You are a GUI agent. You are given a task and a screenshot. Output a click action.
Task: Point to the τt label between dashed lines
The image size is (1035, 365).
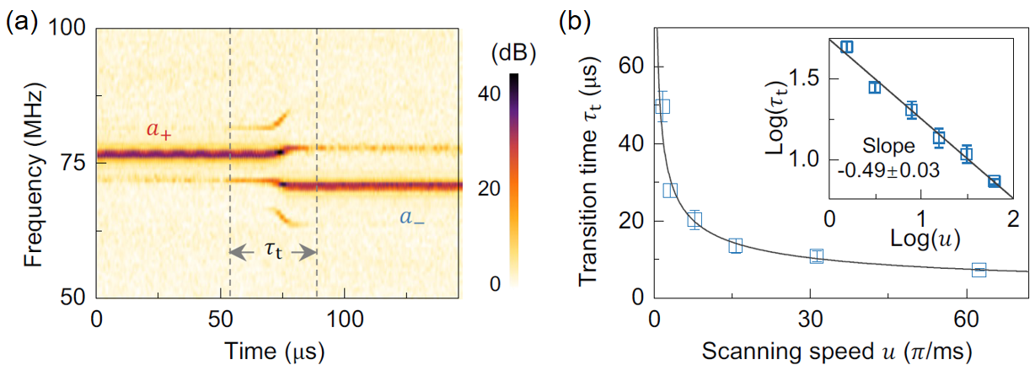273,250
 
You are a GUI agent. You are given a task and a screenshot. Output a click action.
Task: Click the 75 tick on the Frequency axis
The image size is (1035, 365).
77,163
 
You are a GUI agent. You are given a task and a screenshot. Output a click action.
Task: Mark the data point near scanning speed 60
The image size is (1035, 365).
979,270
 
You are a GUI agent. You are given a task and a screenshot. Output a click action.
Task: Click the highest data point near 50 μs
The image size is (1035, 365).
662,106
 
